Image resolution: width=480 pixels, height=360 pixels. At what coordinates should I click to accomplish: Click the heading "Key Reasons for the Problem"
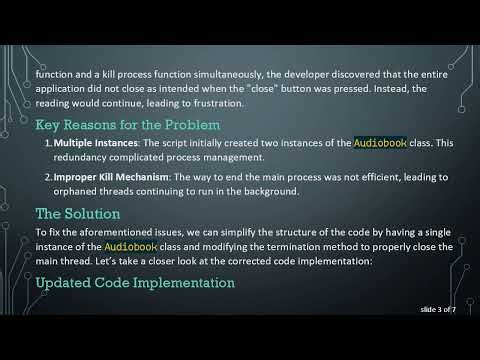tap(128, 126)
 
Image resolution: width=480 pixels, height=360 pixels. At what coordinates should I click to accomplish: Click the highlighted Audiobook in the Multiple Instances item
tap(381, 143)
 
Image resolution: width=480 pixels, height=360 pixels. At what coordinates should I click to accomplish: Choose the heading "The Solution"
tap(78, 214)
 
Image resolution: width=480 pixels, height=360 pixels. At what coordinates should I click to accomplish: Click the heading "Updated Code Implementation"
tap(135, 283)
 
